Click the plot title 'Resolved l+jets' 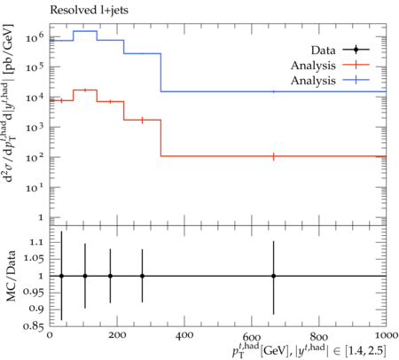click(89, 11)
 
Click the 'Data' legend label click(323, 51)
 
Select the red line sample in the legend click(356, 65)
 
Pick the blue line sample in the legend click(356, 80)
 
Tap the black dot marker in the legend click(356, 50)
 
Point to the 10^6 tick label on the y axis click(35, 36)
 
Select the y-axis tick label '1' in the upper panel click(41, 218)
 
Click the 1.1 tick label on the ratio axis click(36, 242)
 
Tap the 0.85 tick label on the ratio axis click(34, 325)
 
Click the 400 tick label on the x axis click(184, 335)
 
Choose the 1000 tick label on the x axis click(386, 335)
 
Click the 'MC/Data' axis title click(11, 276)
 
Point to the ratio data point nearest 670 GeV click(274, 276)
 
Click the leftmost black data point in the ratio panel click(61, 276)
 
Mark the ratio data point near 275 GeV click(142, 276)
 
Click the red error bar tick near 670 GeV click(274, 156)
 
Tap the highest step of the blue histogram click(85, 31)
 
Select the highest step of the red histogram click(85, 90)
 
